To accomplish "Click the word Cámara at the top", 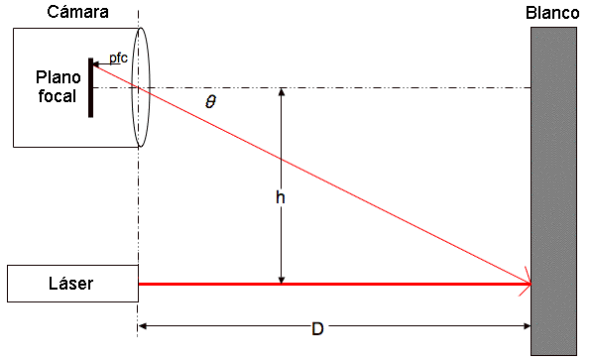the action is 77,12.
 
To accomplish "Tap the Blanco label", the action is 552,13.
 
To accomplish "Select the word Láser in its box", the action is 70,283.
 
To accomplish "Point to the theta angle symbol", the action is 210,102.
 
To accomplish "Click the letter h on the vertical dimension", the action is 281,197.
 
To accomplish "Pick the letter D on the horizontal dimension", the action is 317,328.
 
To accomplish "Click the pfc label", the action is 118,59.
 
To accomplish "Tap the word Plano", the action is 59,77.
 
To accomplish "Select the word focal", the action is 58,96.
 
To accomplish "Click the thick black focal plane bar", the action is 91,87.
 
